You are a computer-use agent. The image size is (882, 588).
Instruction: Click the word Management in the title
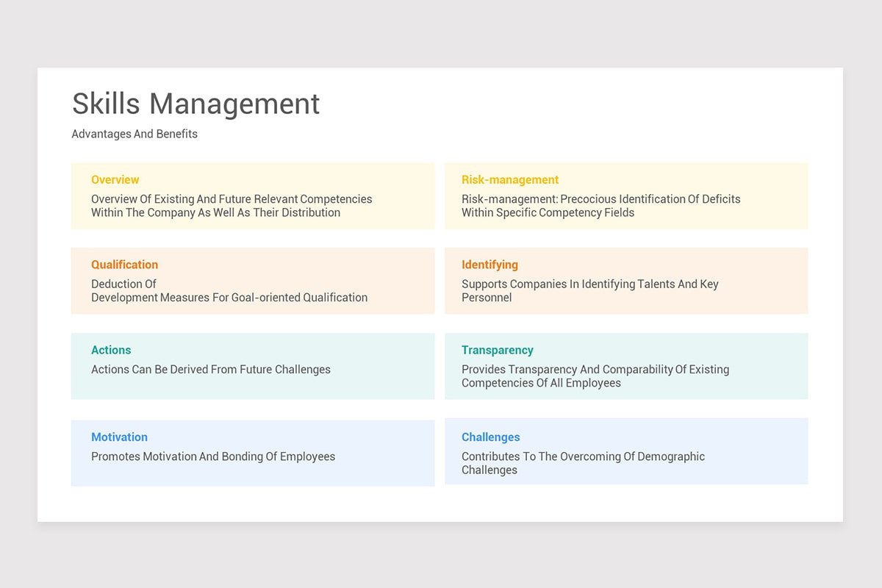point(234,104)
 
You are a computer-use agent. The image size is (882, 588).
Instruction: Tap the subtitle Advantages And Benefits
point(135,134)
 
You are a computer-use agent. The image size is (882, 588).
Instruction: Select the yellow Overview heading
point(115,179)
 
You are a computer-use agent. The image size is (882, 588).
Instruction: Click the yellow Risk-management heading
point(510,179)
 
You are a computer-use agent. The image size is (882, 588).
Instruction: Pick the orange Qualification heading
point(124,265)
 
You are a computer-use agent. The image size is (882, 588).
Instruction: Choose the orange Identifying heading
point(490,265)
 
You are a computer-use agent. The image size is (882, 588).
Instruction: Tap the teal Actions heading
point(111,350)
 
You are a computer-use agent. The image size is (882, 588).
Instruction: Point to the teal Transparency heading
point(497,350)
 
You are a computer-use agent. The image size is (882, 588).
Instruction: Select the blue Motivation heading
point(119,437)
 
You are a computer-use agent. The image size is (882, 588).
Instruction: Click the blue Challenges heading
point(490,437)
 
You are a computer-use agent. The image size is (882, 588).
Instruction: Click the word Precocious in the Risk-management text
point(589,199)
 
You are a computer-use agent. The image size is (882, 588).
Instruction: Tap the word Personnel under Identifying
point(487,298)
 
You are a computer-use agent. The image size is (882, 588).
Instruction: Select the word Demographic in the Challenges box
point(671,456)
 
